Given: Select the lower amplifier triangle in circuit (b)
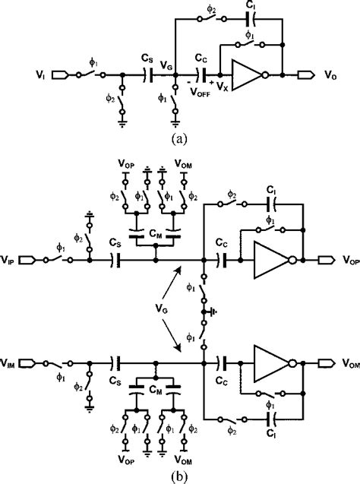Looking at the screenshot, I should click(x=265, y=363).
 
